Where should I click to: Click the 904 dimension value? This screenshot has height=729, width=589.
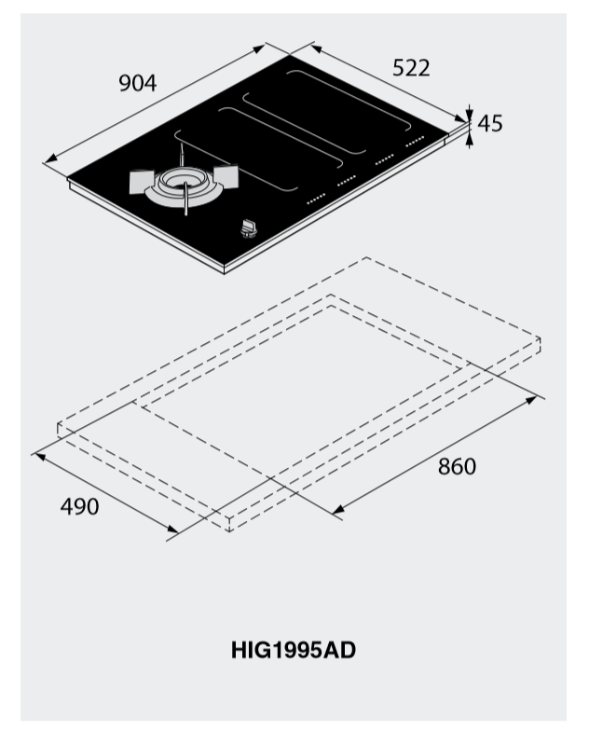tap(138, 83)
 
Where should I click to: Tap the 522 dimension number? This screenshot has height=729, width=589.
tap(411, 68)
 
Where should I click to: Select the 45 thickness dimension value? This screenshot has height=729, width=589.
tap(490, 124)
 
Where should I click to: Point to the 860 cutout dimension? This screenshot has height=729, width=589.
tap(457, 466)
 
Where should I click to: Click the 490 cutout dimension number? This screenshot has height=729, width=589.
tap(79, 506)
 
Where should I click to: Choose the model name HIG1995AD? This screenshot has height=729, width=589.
tap(294, 650)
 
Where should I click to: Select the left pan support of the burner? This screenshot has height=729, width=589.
tap(142, 182)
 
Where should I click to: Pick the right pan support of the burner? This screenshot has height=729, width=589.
tap(226, 177)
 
